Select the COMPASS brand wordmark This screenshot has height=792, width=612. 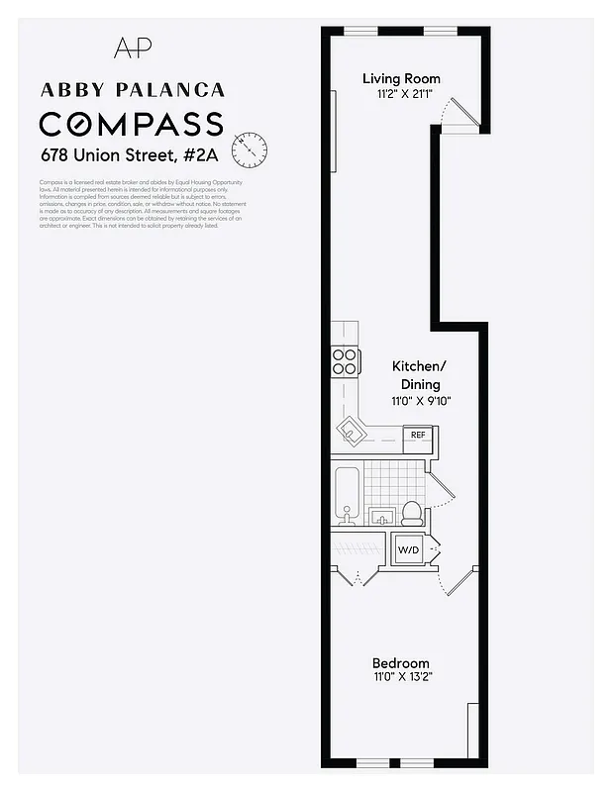pyautogui.click(x=131, y=125)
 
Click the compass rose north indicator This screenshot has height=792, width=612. pyautogui.click(x=250, y=149)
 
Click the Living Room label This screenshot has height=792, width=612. pyautogui.click(x=401, y=79)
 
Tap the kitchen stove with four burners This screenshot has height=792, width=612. pyautogui.click(x=345, y=362)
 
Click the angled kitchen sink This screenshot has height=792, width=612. pyautogui.click(x=351, y=429)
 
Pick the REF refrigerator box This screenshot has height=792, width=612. pyautogui.click(x=418, y=434)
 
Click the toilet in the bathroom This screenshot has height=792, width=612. pyautogui.click(x=412, y=512)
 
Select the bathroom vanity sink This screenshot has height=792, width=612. pyautogui.click(x=381, y=515)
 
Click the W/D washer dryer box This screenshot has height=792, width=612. pyautogui.click(x=409, y=549)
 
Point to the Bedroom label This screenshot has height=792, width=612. pyautogui.click(x=400, y=663)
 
